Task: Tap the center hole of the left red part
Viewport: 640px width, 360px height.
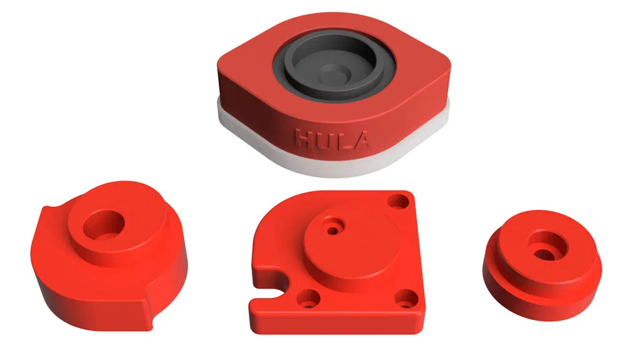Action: [102, 224]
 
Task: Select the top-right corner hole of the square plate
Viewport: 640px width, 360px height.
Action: [397, 201]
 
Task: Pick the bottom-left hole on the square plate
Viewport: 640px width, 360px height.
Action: [306, 299]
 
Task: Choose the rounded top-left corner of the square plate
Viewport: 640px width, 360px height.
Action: [275, 216]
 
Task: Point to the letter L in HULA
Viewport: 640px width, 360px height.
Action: [342, 139]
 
